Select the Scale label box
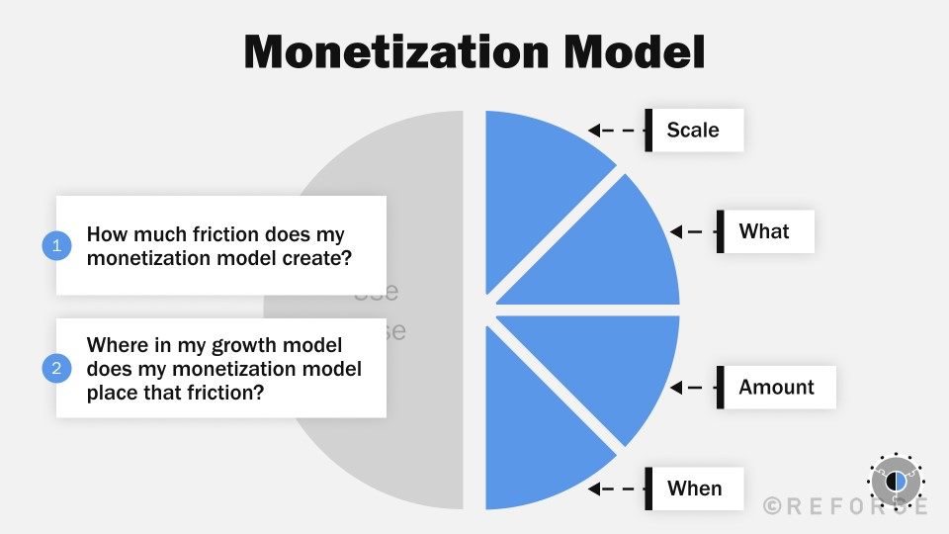point(694,130)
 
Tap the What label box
point(765,231)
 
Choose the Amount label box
point(776,388)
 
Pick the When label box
point(695,489)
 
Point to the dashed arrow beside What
point(693,231)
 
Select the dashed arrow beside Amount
point(693,388)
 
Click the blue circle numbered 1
point(56,245)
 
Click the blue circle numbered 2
point(56,369)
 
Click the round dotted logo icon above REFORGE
point(895,481)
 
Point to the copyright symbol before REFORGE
point(772,505)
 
